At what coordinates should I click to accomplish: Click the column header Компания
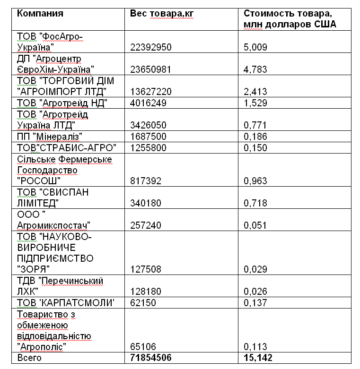point(40,13)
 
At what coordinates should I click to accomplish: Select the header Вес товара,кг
point(162,13)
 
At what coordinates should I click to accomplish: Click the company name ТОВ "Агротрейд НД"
point(62,103)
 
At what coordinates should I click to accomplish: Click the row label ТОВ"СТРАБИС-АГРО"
point(66,147)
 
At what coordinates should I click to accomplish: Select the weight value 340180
point(146,203)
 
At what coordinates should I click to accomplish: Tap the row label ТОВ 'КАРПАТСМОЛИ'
point(66,302)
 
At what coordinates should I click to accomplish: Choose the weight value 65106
point(143,347)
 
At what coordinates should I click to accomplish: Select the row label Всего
point(29,358)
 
